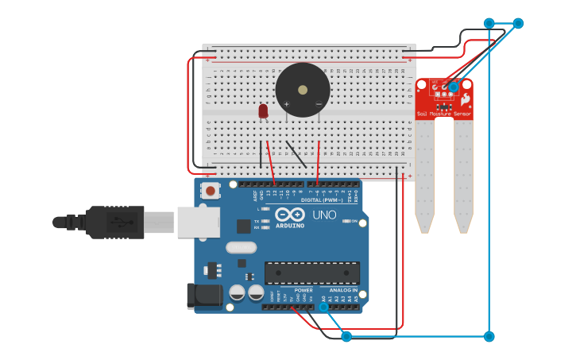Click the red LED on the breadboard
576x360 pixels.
[x=263, y=111]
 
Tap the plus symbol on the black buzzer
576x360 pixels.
[x=287, y=104]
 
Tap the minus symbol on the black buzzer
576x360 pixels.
[x=319, y=104]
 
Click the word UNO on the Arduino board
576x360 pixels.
[x=324, y=215]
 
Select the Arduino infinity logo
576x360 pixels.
[x=291, y=215]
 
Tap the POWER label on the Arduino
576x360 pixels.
[x=303, y=290]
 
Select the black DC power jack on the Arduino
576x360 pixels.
[x=201, y=296]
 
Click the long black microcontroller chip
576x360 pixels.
[x=311, y=272]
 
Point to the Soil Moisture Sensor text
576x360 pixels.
[x=444, y=114]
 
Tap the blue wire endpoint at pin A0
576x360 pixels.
[x=323, y=308]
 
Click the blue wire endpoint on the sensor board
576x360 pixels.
[x=454, y=87]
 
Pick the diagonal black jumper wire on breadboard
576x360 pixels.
[x=296, y=154]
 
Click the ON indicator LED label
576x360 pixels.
[x=354, y=221]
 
